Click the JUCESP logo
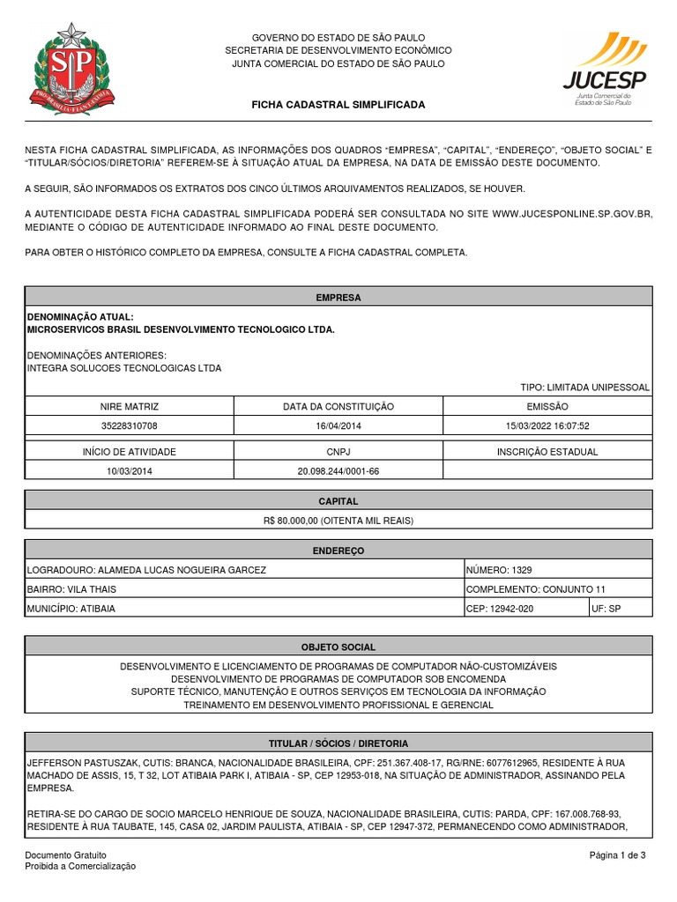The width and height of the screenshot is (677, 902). point(605,69)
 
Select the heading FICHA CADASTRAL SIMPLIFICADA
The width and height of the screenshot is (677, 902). point(338,105)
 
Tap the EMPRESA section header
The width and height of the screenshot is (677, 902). point(338,298)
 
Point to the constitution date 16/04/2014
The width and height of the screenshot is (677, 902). point(338,425)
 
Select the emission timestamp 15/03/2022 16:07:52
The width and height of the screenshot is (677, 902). point(547,425)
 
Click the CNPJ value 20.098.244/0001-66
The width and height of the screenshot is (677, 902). point(338,471)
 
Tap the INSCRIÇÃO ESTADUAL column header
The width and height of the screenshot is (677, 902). point(547,452)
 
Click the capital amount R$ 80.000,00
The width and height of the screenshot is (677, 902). point(338,521)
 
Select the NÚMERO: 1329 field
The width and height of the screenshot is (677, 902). point(499,570)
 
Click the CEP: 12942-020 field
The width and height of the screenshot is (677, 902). point(499,609)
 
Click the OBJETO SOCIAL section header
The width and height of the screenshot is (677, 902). point(338,648)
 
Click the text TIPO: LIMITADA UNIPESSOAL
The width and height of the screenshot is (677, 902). point(585,388)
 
